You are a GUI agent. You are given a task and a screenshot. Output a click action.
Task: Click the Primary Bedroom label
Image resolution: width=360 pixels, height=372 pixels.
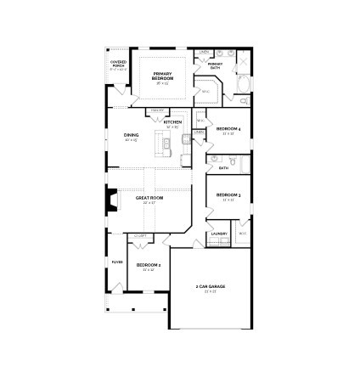(x=161, y=76)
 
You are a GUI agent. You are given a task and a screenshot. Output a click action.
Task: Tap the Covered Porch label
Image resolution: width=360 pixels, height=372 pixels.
(x=119, y=65)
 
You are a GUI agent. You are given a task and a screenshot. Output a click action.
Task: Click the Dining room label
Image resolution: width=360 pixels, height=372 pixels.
(x=131, y=136)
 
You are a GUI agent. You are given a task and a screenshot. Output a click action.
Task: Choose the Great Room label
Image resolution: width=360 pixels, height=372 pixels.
(x=149, y=199)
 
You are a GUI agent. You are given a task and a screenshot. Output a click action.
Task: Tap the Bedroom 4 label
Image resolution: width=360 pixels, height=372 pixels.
(x=228, y=130)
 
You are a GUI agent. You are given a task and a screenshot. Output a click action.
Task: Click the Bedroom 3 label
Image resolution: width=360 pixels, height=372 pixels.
(x=228, y=197)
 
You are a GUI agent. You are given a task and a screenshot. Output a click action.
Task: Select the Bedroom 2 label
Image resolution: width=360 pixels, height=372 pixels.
(x=149, y=266)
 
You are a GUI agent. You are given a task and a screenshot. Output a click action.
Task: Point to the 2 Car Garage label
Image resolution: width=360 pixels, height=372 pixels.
(x=210, y=287)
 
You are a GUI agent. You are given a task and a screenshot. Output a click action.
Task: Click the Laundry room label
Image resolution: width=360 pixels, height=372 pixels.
(x=218, y=233)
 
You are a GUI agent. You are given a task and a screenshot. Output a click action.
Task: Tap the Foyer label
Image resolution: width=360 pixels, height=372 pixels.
(x=117, y=262)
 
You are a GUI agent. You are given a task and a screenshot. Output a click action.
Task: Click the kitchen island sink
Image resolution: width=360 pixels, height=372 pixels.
(x=167, y=141)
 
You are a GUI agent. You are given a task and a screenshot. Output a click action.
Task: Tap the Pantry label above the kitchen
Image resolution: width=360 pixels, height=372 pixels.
(x=157, y=110)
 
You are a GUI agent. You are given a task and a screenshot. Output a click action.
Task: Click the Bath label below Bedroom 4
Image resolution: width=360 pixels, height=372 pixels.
(x=223, y=168)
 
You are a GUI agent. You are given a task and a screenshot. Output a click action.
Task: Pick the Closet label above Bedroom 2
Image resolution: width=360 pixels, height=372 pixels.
(x=141, y=236)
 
